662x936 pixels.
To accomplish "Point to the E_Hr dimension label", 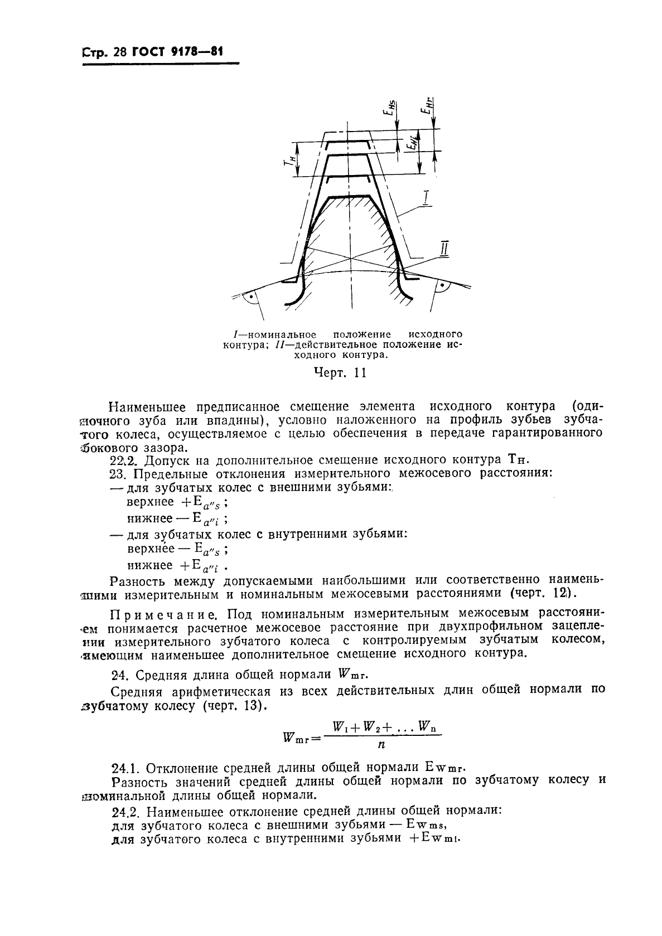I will click(x=427, y=106).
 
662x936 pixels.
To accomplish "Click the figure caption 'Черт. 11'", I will click(x=340, y=373).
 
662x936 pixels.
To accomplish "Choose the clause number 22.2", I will click(x=123, y=460).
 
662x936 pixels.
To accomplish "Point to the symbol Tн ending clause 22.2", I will click(x=517, y=460).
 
